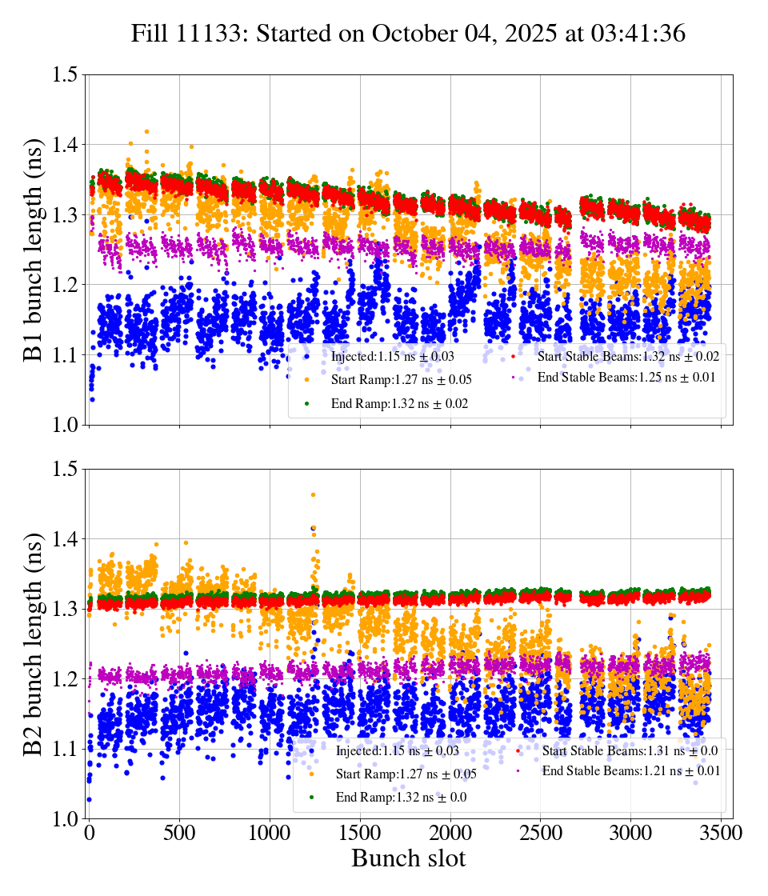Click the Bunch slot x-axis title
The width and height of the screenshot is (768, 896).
point(409,859)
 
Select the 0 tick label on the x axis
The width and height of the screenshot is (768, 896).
point(89,833)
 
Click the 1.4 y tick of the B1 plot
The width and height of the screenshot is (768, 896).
point(66,145)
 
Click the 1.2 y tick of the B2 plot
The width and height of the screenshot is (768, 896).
point(66,679)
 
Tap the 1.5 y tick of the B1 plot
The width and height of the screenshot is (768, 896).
point(66,74)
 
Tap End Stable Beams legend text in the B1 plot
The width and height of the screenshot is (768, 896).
point(626,378)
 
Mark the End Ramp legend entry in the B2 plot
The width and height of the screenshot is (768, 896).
point(401,797)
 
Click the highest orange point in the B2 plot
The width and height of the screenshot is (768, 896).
point(313,494)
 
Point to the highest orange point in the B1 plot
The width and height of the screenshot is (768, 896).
point(146,131)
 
